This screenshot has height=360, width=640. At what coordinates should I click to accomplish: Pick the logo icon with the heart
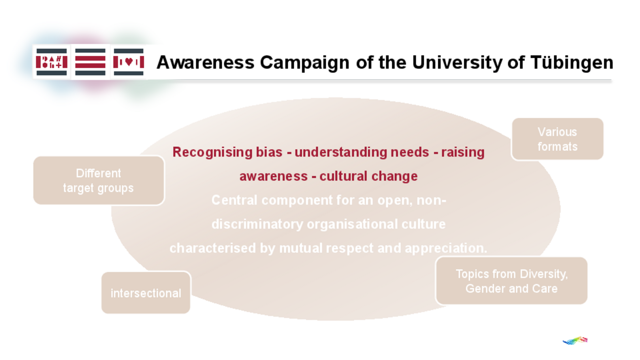pos(129,62)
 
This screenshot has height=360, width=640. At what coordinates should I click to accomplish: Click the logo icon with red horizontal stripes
pos(90,62)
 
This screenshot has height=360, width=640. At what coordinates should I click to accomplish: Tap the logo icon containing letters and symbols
pos(52,62)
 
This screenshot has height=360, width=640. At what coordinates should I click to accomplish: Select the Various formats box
pos(557,139)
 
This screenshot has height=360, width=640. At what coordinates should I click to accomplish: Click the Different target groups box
pos(99,180)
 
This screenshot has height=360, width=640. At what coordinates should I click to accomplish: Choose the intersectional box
pos(146,293)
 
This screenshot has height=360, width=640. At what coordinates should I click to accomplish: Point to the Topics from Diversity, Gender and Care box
pos(511,281)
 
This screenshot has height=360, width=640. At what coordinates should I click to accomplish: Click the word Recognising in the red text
pos(205,152)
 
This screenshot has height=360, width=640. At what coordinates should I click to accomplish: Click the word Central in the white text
pos(234,200)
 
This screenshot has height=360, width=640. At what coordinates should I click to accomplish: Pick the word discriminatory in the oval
pos(257,224)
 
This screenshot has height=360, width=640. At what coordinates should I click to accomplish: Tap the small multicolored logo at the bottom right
pos(575,340)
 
